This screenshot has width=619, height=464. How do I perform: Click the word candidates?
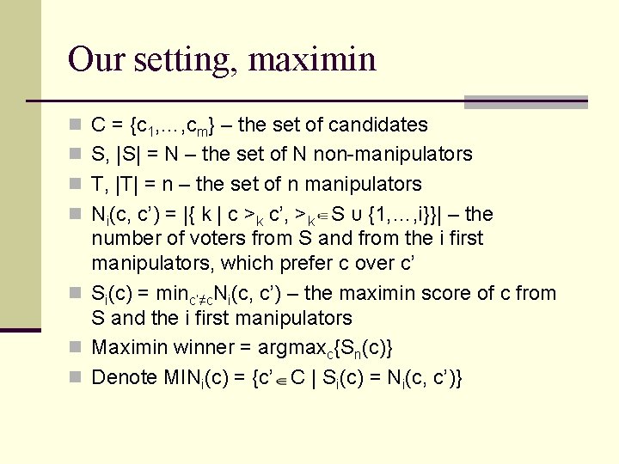point(380,125)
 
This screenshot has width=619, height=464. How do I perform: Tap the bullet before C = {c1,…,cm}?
point(75,125)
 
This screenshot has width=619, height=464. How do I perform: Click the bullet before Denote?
point(75,377)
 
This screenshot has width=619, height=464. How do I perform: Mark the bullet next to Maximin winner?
point(75,348)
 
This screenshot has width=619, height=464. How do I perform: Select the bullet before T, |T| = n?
point(75,185)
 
